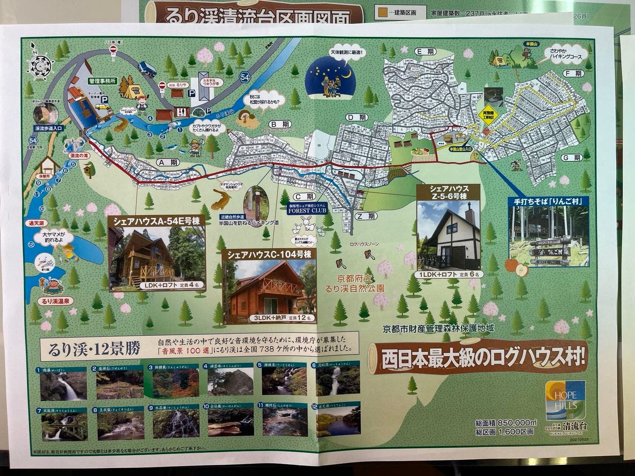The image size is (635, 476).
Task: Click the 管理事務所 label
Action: pyautogui.click(x=102, y=81)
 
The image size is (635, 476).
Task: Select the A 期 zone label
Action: pyautogui.click(x=168, y=162)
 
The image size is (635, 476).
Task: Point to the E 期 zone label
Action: pyautogui.click(x=424, y=51)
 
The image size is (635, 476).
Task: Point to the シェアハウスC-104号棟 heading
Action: pyautogui.click(x=269, y=255)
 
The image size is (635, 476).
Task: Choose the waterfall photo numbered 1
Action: pyautogui.click(x=63, y=385)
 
